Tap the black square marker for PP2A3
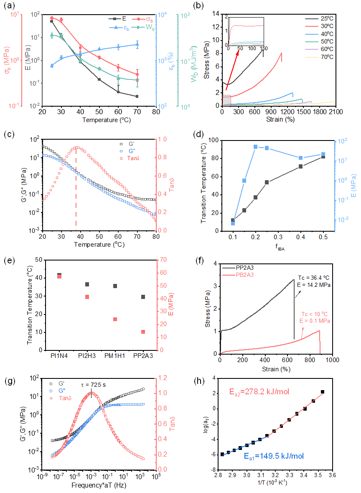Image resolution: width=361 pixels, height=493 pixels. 143,297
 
